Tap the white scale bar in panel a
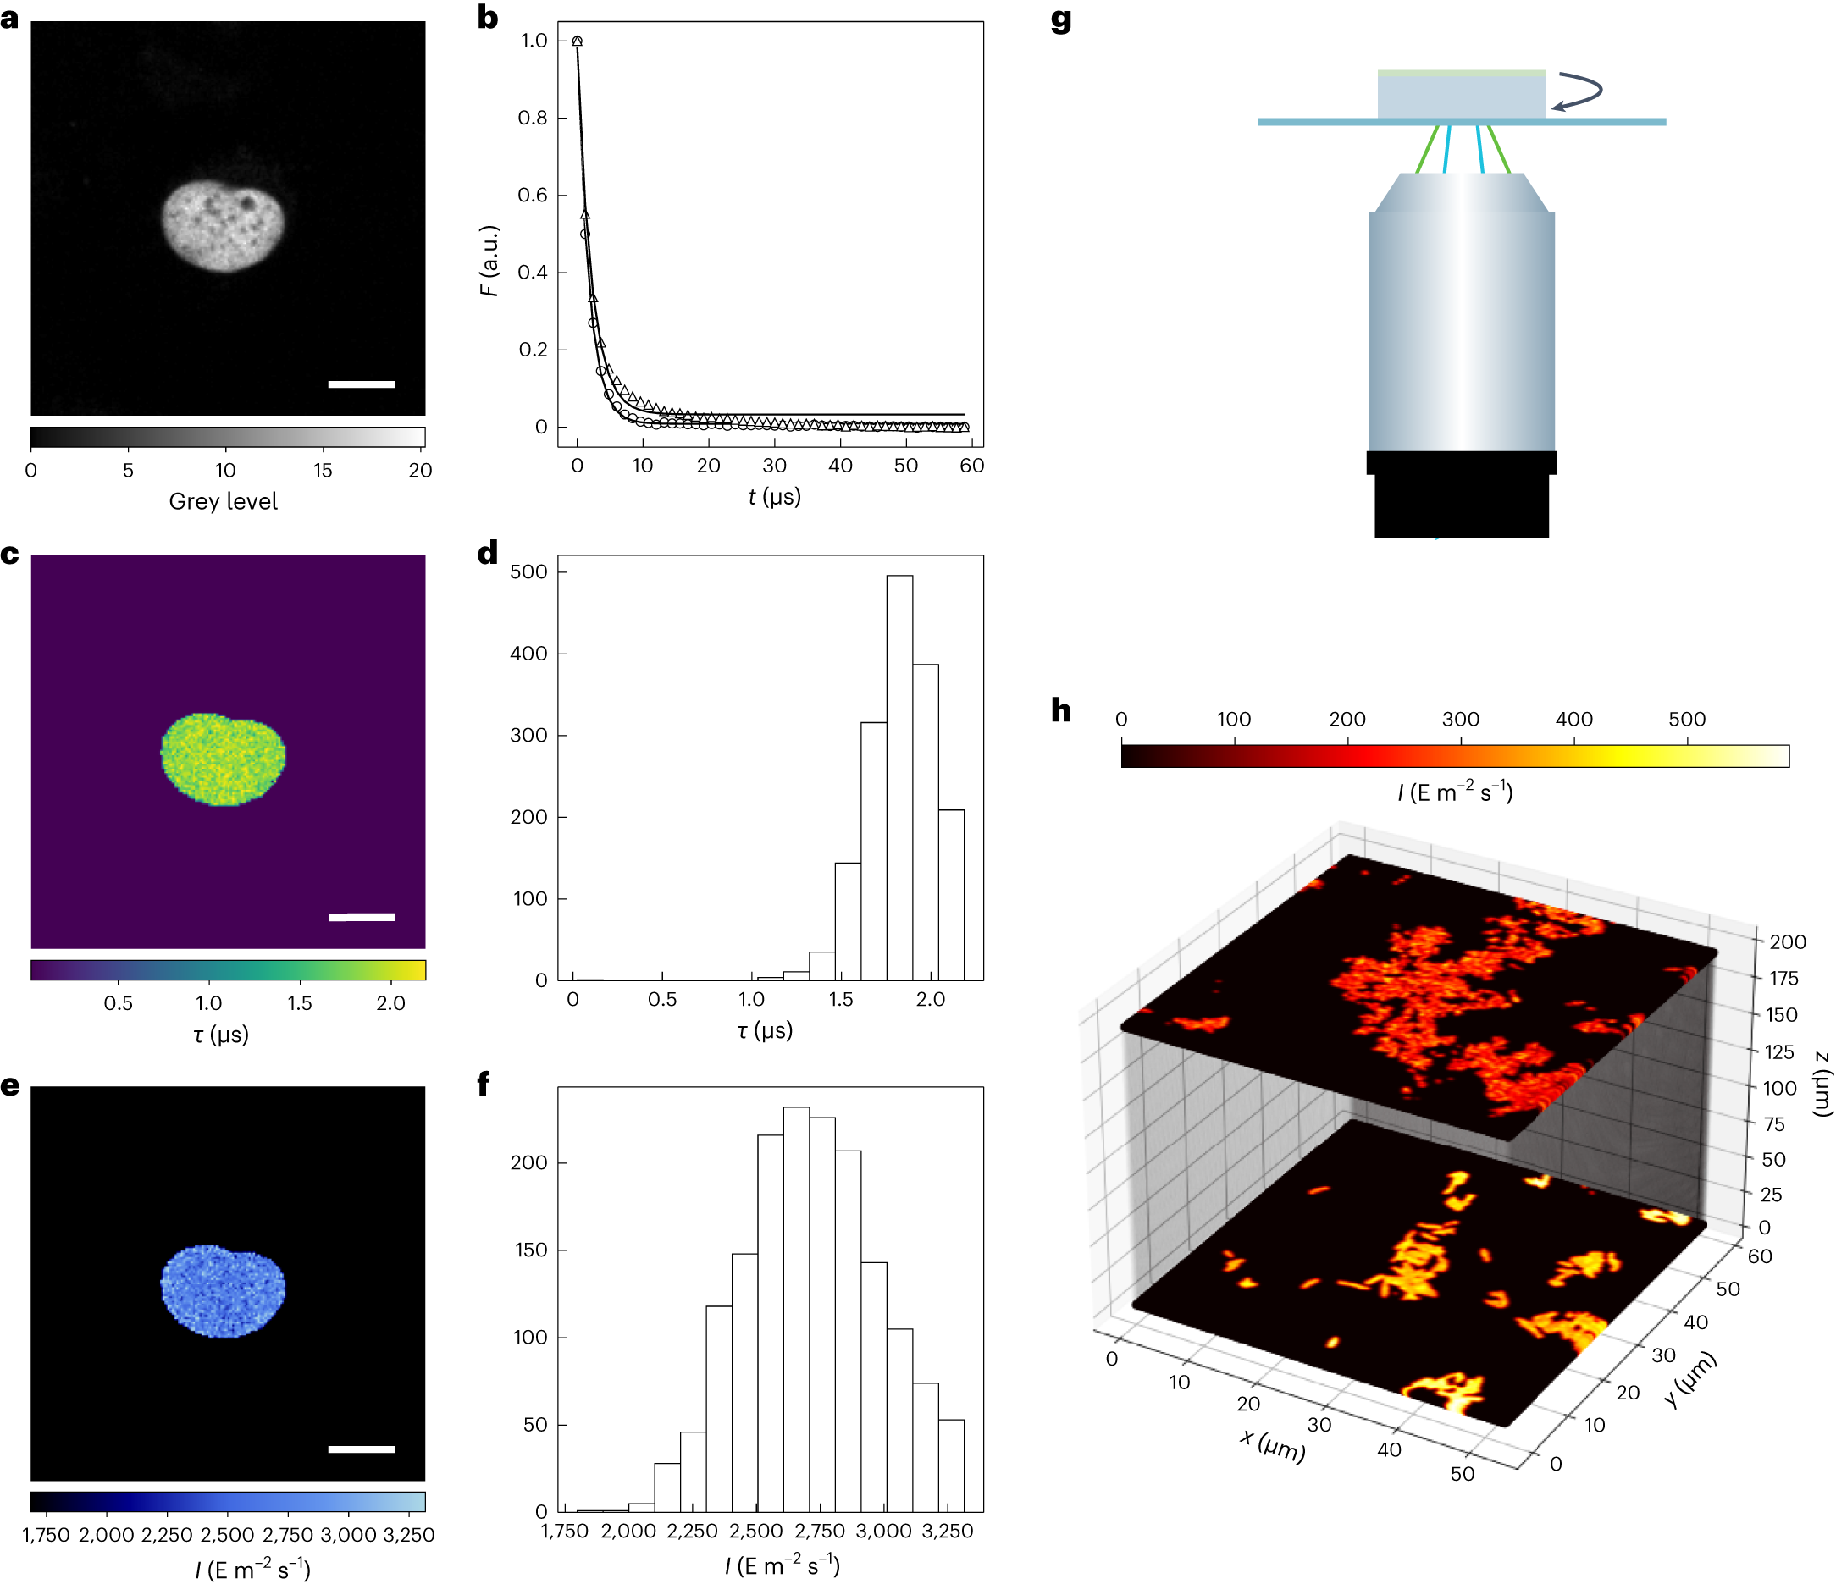(362, 384)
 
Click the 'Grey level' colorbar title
(224, 501)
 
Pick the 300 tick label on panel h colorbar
(1460, 720)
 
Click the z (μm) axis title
(1822, 1083)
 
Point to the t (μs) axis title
(774, 497)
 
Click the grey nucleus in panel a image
(224, 226)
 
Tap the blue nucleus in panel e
(224, 1291)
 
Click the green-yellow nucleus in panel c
(224, 759)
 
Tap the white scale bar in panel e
(362, 1449)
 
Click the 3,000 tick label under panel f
(884, 1531)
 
